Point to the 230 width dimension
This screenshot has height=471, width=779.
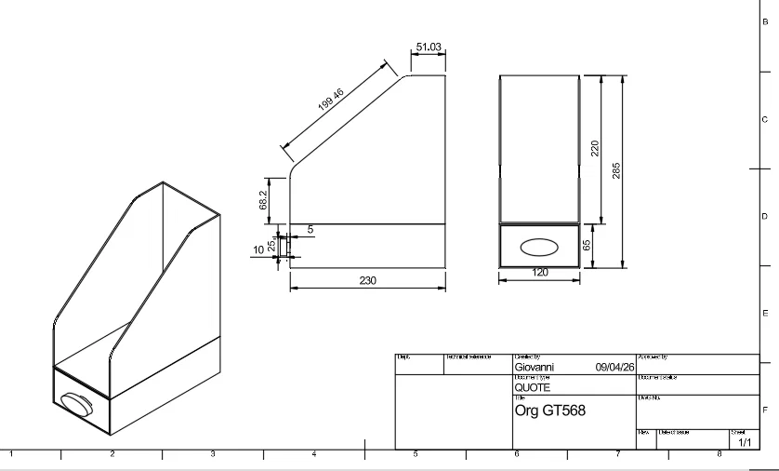point(367,280)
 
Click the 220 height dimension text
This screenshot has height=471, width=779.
point(595,148)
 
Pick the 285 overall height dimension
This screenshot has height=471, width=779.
point(616,170)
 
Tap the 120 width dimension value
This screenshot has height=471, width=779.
point(540,273)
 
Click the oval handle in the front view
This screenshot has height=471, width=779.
point(539,247)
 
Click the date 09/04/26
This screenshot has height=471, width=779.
point(614,367)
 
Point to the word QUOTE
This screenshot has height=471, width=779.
point(533,387)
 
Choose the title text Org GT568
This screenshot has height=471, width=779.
point(550,410)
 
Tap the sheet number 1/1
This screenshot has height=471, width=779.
point(745,443)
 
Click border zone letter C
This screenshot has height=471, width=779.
point(764,119)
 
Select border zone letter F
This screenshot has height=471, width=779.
point(764,410)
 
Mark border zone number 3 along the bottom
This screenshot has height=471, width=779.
point(213,454)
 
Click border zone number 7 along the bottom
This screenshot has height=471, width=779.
point(617,454)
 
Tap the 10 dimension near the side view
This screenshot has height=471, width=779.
point(259,249)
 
